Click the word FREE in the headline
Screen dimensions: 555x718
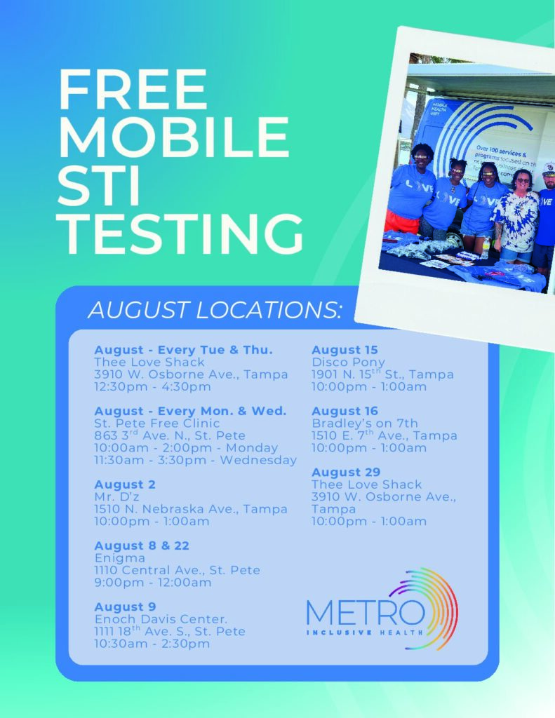click(133, 90)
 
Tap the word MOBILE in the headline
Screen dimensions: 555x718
click(174, 138)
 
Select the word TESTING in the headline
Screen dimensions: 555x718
click(180, 233)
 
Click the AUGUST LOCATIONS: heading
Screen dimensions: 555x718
click(215, 310)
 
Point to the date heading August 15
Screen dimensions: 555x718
click(345, 350)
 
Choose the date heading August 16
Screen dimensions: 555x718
click(345, 411)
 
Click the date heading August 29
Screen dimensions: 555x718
click(346, 472)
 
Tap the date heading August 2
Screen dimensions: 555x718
click(125, 485)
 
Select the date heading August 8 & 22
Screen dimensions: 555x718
click(142, 546)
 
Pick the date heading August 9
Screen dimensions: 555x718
click(125, 607)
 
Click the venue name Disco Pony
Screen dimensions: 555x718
click(348, 363)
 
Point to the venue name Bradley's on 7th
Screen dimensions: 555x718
click(365, 424)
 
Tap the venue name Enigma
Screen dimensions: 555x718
click(119, 558)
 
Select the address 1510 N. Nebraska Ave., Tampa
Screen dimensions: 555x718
click(191, 509)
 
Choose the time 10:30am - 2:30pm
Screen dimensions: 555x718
click(152, 644)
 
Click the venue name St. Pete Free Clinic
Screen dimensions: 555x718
click(156, 424)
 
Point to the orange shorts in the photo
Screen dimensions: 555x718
click(401, 222)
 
